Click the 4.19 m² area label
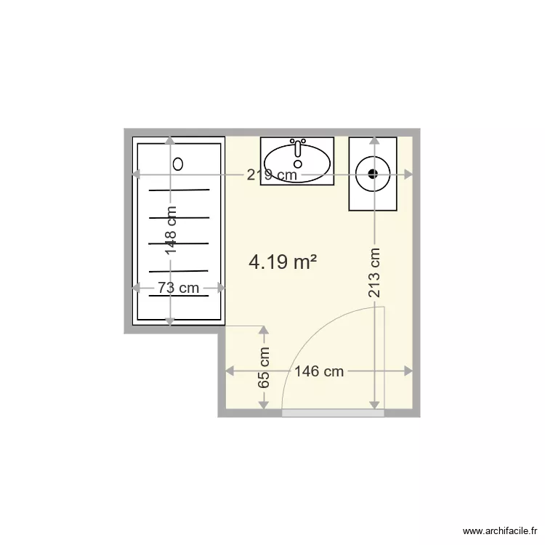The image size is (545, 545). (283, 262)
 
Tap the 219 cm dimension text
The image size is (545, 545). (272, 174)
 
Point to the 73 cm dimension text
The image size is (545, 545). (179, 288)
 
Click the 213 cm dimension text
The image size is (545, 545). (374, 274)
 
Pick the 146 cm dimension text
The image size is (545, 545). (319, 371)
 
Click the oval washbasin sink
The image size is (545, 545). (297, 163)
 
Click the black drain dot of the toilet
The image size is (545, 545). (374, 173)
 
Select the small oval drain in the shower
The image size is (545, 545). (178, 163)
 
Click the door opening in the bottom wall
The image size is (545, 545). (333, 413)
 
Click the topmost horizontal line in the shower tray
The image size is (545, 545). (179, 190)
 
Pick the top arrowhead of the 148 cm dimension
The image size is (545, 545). (170, 141)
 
